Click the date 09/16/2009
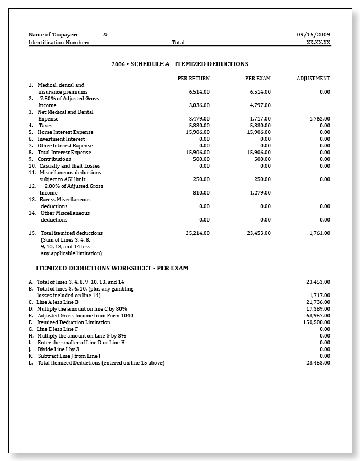pos(314,35)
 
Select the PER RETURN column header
pos(193,79)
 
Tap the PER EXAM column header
pos(258,79)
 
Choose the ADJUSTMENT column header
pos(313,79)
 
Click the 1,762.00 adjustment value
pos(320,119)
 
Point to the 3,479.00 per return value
pos(199,119)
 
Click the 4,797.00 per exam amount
pos(260,105)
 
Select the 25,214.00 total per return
pos(197,233)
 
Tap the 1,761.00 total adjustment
pos(320,233)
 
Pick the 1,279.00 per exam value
pos(260,193)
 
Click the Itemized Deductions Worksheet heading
pos(112,268)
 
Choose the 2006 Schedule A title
pos(179,64)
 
